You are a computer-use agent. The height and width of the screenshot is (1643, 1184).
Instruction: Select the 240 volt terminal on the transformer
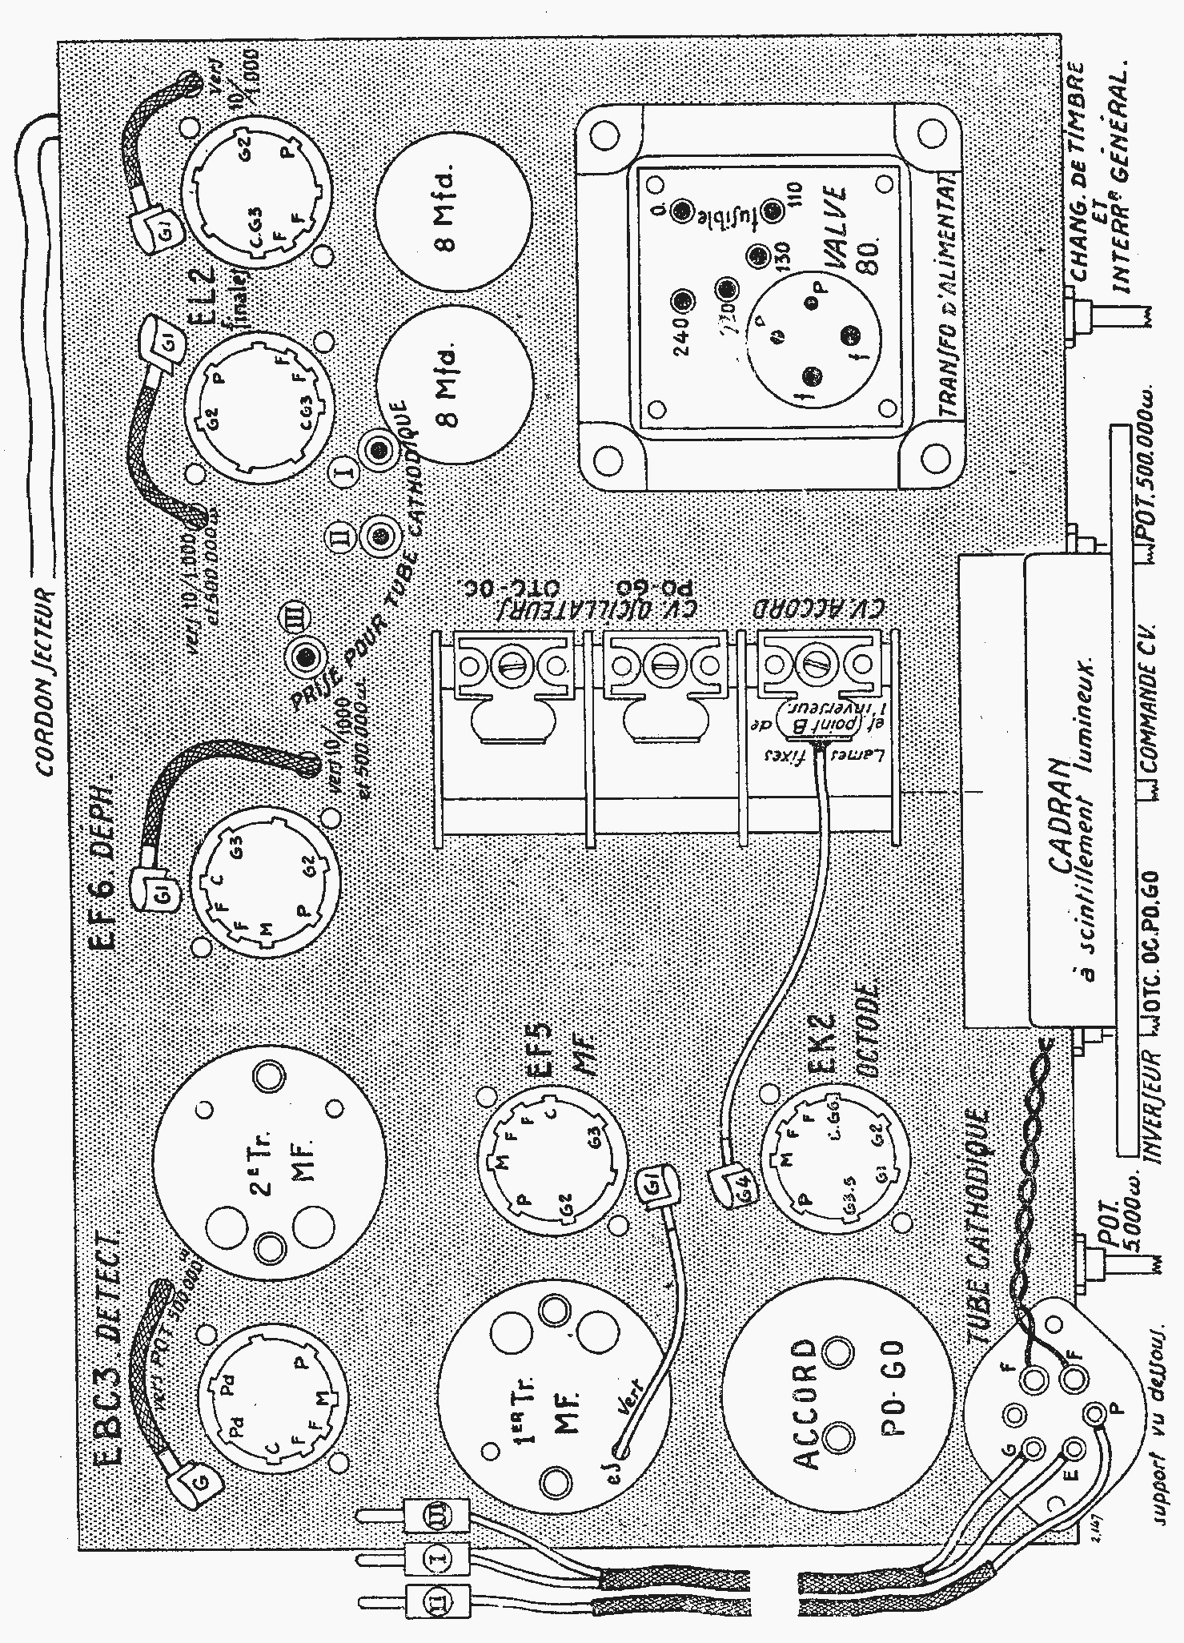pos(681,301)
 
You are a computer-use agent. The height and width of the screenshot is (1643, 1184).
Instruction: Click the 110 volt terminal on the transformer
pos(773,211)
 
